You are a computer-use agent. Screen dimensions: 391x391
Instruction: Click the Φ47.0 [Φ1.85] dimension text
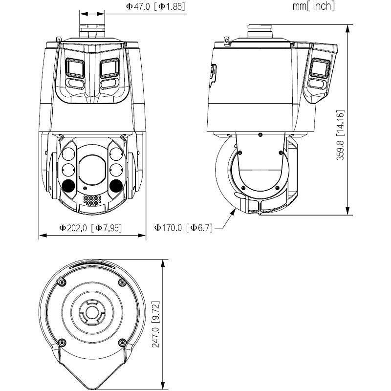(155, 7)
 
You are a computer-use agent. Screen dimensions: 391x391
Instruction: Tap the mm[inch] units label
(313, 6)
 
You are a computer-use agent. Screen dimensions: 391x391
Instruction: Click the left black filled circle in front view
(68, 185)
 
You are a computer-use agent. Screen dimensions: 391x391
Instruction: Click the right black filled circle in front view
(116, 185)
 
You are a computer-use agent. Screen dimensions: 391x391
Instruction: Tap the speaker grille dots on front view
(92, 200)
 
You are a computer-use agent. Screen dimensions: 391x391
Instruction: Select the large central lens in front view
(92, 169)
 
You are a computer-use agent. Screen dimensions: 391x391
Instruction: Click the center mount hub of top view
(92, 311)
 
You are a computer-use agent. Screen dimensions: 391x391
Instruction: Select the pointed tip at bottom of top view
(92, 384)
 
